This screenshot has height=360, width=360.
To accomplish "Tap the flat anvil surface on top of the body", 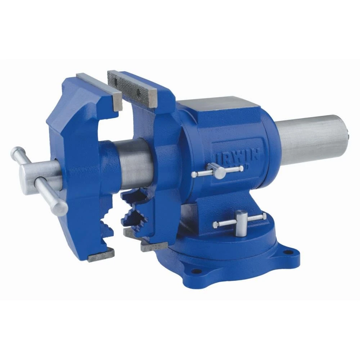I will click(x=220, y=103).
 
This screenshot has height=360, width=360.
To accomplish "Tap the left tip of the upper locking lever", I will click(x=194, y=175).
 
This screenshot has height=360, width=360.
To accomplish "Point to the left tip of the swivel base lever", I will click(x=215, y=225).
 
